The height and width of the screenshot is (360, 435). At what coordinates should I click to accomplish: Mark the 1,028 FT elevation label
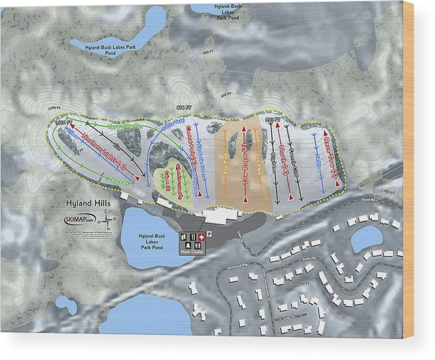[x=62, y=122]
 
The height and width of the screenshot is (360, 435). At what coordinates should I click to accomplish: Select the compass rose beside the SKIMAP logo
[x=110, y=219]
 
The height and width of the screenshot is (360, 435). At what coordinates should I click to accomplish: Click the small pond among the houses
[x=367, y=238]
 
